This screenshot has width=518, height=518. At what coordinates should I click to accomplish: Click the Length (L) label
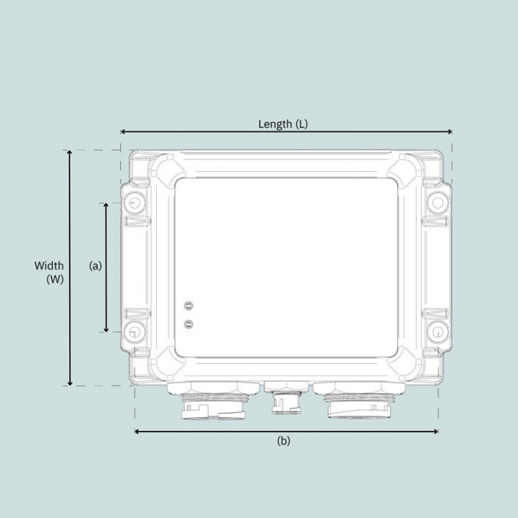tap(283, 124)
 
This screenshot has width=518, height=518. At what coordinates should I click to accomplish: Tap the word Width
tap(49, 266)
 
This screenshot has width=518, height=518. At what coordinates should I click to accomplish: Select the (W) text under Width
tap(55, 280)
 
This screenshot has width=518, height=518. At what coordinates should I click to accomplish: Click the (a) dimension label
tap(96, 265)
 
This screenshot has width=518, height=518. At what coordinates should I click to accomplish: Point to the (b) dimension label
tap(283, 441)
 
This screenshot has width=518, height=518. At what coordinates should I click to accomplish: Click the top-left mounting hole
tap(133, 204)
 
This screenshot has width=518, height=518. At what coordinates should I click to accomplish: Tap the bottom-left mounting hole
tap(133, 332)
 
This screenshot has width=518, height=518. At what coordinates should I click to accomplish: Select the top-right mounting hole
tap(436, 204)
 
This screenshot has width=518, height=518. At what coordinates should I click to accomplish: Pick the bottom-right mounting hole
tap(436, 332)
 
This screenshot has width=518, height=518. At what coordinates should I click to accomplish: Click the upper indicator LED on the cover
tap(188, 305)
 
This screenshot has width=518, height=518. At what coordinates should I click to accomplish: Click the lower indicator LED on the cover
tap(188, 324)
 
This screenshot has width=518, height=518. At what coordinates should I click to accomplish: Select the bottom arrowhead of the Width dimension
tap(70, 383)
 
